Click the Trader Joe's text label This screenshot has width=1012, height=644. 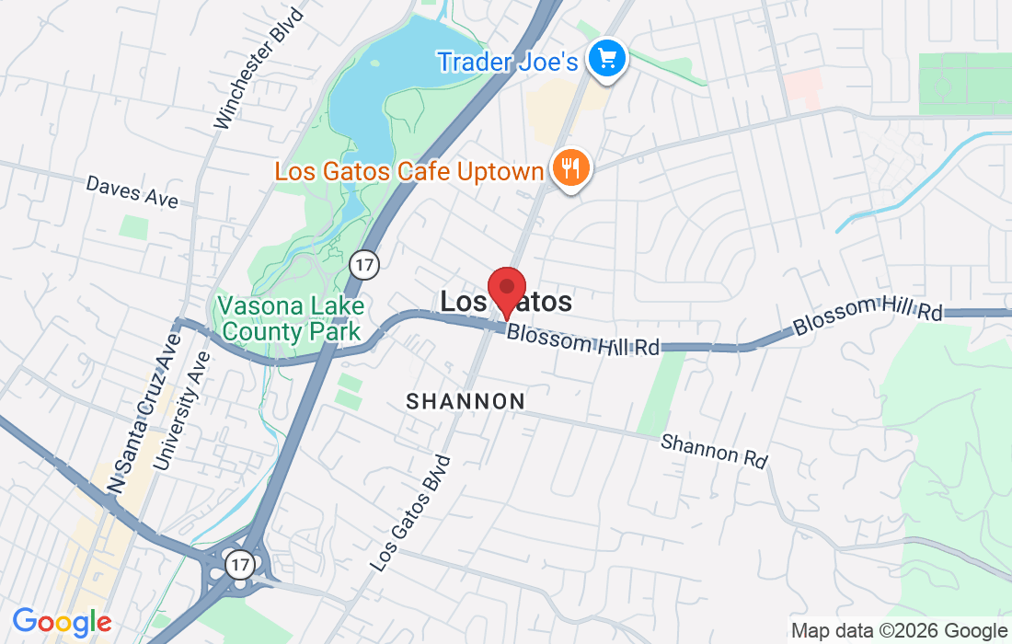pyautogui.click(x=507, y=62)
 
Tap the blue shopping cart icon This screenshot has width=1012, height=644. pyautogui.click(x=607, y=61)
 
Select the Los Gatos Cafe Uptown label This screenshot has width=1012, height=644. pyautogui.click(x=409, y=171)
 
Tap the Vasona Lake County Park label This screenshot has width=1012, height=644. pyautogui.click(x=291, y=318)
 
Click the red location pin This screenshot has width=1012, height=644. pyautogui.click(x=506, y=291)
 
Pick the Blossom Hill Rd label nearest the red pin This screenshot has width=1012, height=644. pyautogui.click(x=583, y=340)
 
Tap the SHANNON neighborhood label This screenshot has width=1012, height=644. pyautogui.click(x=466, y=401)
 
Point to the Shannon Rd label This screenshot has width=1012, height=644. pyautogui.click(x=714, y=450)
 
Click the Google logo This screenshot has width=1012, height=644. pyautogui.click(x=62, y=622)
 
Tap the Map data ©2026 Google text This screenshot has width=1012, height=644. pyautogui.click(x=900, y=631)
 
